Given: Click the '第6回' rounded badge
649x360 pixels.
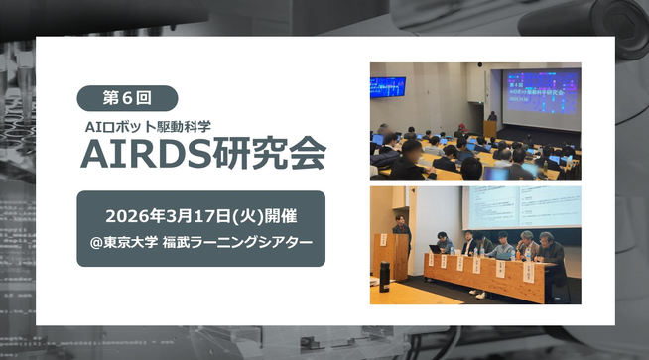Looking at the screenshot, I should pyautogui.click(x=127, y=97).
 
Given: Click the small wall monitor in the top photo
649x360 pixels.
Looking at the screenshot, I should pyautogui.click(x=388, y=86).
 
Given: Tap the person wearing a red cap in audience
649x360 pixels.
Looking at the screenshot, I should pyautogui.click(x=461, y=128).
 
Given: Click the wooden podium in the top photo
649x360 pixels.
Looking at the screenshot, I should pyautogui.click(x=490, y=130).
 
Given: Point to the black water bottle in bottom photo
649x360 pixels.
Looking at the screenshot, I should pyautogui.click(x=385, y=273).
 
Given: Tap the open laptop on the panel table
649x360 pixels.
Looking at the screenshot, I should pyautogui.click(x=436, y=249).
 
